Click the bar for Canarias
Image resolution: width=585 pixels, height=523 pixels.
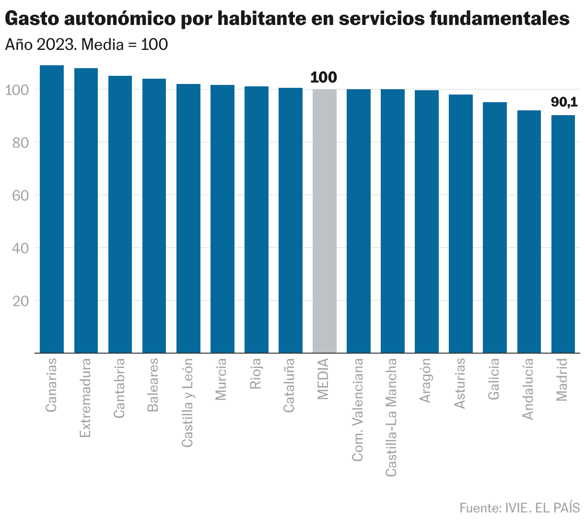(x=52, y=209)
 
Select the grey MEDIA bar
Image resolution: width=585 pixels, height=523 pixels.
(x=325, y=221)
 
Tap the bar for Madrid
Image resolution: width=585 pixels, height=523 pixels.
(x=563, y=234)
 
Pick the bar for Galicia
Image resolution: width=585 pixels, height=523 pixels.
(x=495, y=227)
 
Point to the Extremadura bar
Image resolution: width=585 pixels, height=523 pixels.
(x=86, y=211)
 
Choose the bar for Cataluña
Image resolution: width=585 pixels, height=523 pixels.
(x=291, y=220)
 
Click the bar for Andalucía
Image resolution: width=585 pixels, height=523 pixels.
(x=529, y=232)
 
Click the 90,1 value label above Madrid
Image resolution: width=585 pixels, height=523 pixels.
(x=564, y=102)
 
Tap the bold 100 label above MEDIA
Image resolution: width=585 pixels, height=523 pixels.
(x=324, y=78)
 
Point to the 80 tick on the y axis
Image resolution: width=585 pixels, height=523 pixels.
(x=21, y=143)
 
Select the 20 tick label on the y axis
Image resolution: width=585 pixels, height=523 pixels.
(x=21, y=301)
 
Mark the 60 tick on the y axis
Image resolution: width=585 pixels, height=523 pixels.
(x=21, y=195)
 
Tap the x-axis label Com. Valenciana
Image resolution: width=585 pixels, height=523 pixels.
(x=358, y=410)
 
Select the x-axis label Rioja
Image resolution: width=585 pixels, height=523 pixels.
(x=256, y=373)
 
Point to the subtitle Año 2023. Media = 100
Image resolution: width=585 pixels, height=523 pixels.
(x=86, y=45)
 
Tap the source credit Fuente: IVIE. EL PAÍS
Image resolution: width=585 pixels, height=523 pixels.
(x=519, y=508)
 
